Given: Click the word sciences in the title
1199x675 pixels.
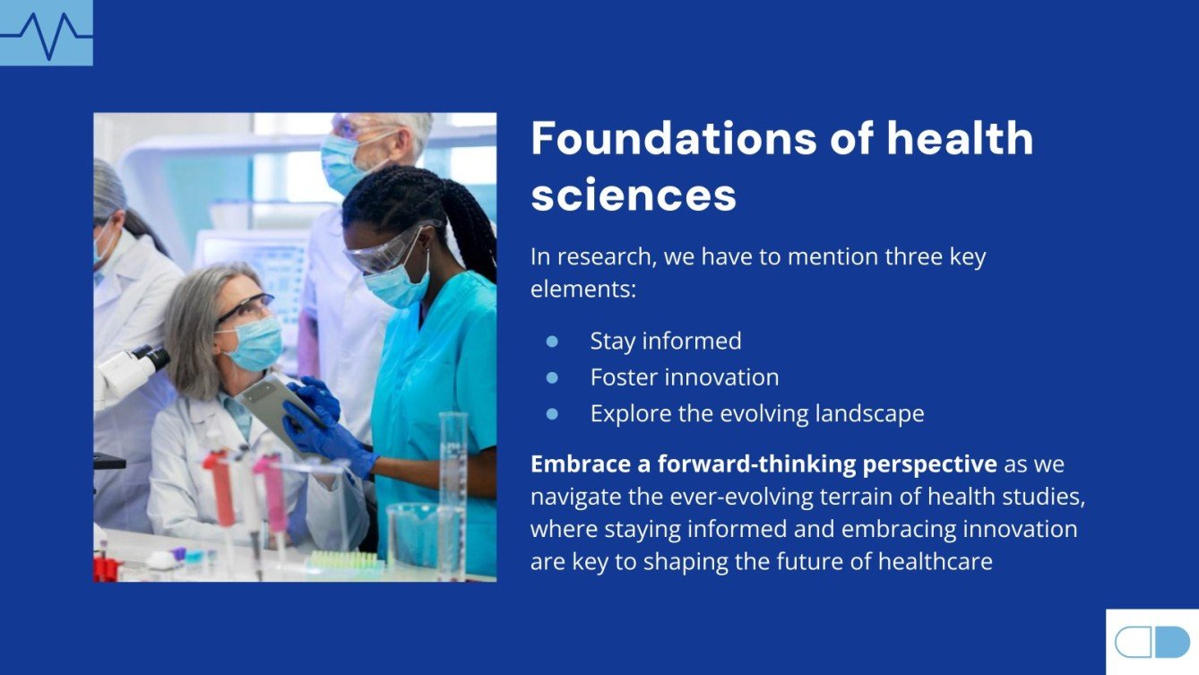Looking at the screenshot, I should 634,194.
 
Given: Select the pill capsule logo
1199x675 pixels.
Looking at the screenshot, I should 1152,642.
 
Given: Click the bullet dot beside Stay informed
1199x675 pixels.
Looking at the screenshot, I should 552,342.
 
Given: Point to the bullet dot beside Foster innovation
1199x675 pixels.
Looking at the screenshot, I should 552,377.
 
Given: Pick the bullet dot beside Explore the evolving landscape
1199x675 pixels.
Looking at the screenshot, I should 552,413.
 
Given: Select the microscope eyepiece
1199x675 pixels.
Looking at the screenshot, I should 152,359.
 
